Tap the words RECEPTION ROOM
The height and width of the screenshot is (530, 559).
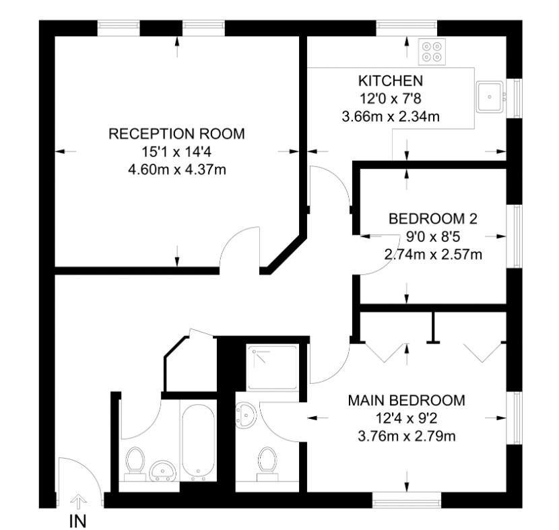pyautogui.click(x=176, y=134)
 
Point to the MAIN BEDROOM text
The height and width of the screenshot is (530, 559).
pyautogui.click(x=406, y=401)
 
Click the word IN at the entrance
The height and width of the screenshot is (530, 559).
pyautogui.click(x=78, y=521)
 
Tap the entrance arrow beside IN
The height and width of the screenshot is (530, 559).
pyautogui.click(x=79, y=501)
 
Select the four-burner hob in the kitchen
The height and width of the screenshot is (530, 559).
pyautogui.click(x=432, y=52)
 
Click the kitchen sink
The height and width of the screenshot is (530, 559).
pyautogui.click(x=488, y=97)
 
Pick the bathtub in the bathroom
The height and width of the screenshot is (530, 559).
pyautogui.click(x=197, y=441)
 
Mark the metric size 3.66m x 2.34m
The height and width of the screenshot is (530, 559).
pyautogui.click(x=391, y=116)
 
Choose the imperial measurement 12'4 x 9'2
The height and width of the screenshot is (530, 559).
pyautogui.click(x=406, y=418)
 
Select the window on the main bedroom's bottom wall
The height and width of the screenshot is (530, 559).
pyautogui.click(x=406, y=500)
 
